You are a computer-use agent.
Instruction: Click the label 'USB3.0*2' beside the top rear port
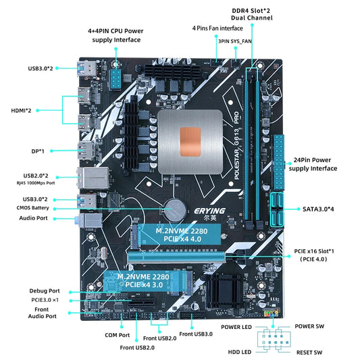[41, 68]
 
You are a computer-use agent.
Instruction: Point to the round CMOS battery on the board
[176, 208]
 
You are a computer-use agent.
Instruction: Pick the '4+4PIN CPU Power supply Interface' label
[117, 34]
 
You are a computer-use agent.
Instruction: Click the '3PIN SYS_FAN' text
[234, 41]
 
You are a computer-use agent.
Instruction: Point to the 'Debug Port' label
[45, 290]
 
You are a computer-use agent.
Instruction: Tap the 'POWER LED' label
[236, 326]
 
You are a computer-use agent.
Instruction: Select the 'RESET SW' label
[309, 352]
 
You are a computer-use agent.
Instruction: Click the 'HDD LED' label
[241, 352]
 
